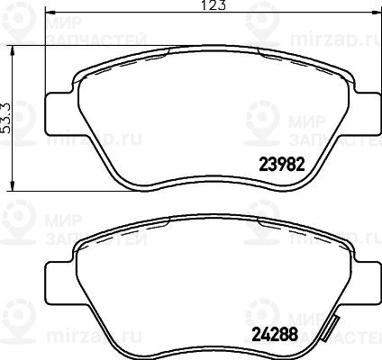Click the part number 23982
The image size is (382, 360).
(x=282, y=164)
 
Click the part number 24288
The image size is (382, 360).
(x=275, y=335)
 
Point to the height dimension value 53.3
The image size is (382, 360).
(x=6, y=118)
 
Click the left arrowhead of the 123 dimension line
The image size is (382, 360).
(x=50, y=13)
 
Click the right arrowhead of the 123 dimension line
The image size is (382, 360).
(x=376, y=13)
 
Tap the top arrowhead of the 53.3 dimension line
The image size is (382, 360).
(x=12, y=50)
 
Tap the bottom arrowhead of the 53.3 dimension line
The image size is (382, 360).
(x=12, y=185)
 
